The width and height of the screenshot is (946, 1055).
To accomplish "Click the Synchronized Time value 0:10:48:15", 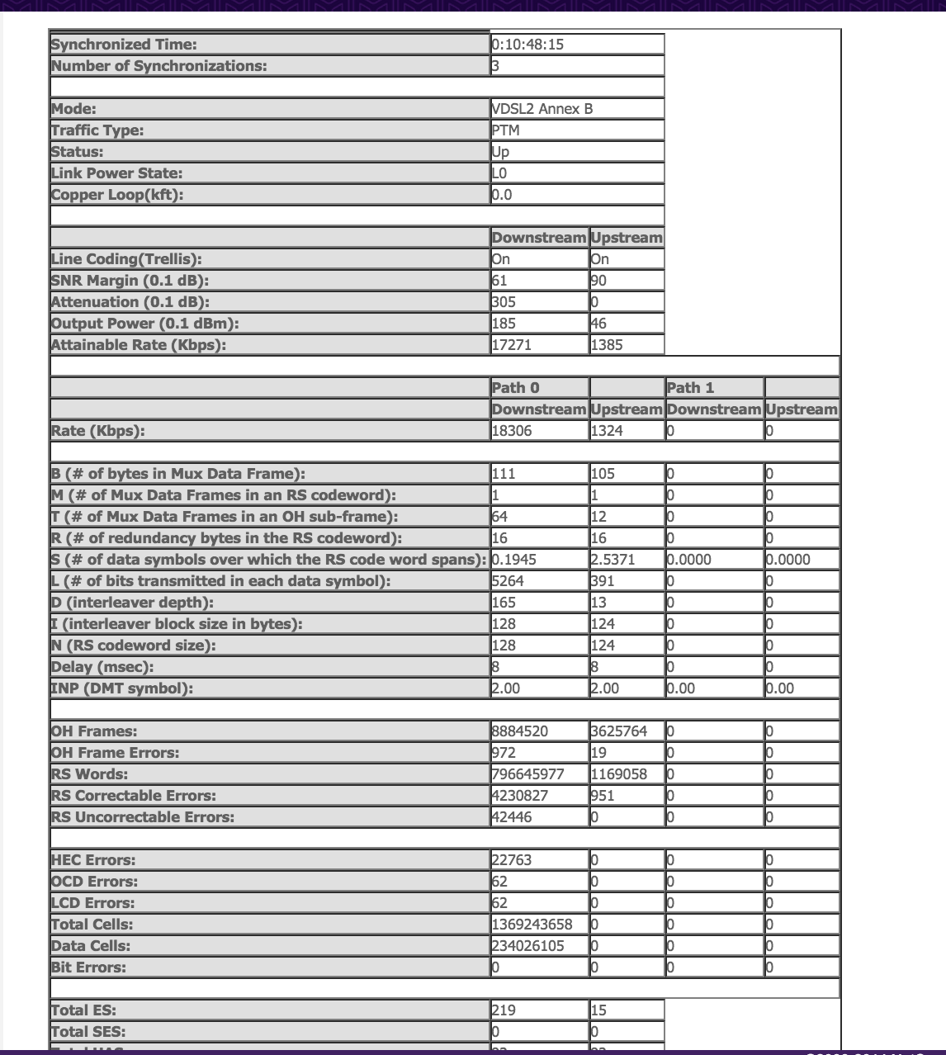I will click(x=528, y=45).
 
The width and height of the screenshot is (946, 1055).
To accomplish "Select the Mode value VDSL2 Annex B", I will click(x=542, y=109).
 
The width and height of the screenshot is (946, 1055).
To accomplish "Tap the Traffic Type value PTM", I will click(x=506, y=130).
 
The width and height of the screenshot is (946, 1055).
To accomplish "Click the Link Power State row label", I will click(x=116, y=173).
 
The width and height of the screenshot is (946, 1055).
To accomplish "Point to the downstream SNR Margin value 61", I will click(x=500, y=281).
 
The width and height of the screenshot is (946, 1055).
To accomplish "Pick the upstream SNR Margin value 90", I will click(x=598, y=281).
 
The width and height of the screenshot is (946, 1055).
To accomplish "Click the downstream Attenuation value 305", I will click(x=504, y=302).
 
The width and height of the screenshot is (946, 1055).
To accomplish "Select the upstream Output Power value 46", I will click(x=598, y=324).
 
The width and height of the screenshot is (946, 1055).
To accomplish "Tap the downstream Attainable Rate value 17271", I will click(x=512, y=345).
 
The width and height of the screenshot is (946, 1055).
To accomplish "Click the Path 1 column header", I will click(x=690, y=388).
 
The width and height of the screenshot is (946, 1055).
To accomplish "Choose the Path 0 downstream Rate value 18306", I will click(x=512, y=431).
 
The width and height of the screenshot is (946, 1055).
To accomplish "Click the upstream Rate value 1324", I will click(x=607, y=431).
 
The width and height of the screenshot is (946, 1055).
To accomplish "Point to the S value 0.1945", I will click(x=514, y=560).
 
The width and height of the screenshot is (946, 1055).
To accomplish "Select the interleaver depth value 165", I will click(x=504, y=603).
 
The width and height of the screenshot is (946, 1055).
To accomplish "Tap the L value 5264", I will click(x=508, y=581).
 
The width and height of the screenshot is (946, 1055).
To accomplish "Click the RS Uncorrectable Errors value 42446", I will click(x=512, y=817).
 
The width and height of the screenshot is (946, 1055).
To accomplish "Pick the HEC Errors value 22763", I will click(x=512, y=860).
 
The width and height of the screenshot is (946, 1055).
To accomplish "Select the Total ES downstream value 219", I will click(x=504, y=1010).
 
